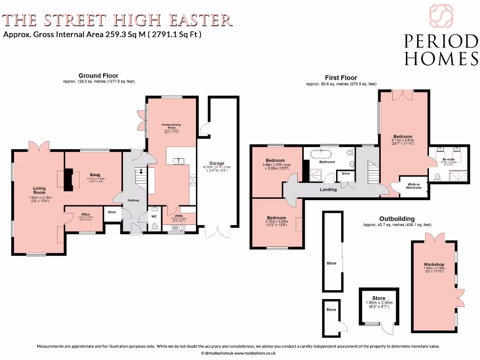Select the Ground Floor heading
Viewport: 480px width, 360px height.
(98, 75)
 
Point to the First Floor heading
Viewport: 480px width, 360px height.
(341, 78)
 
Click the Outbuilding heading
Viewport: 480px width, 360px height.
(397, 219)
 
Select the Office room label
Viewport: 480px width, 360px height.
(85, 215)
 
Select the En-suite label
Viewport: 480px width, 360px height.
(449, 159)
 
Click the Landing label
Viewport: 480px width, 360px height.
(328, 189)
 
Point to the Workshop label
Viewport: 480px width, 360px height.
(434, 265)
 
